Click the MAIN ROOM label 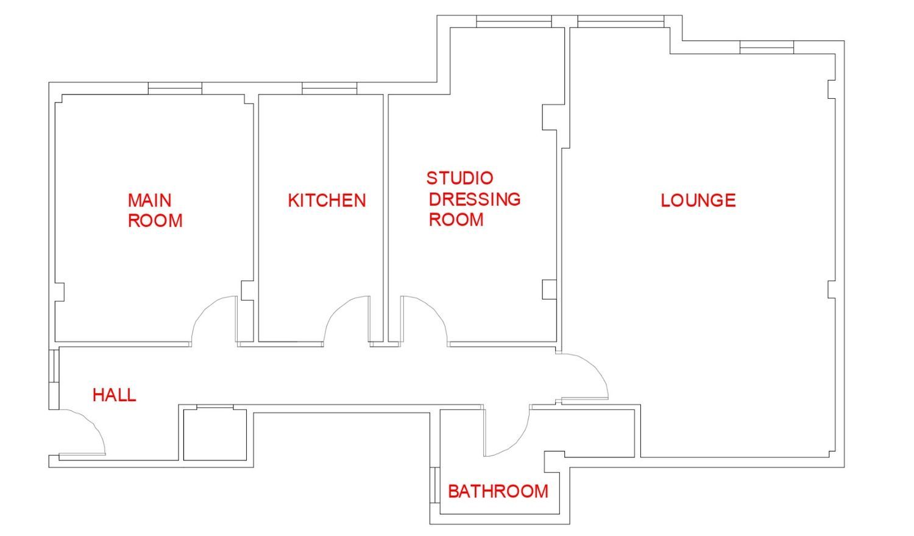[155, 210]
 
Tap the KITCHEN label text [327, 201]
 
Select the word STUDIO [460, 178]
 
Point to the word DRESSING [475, 199]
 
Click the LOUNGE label [698, 201]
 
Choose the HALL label [115, 395]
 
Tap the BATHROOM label [498, 491]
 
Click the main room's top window [175, 88]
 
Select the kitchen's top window [330, 88]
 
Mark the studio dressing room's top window [514, 21]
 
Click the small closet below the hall [215, 435]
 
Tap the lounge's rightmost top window [767, 48]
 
